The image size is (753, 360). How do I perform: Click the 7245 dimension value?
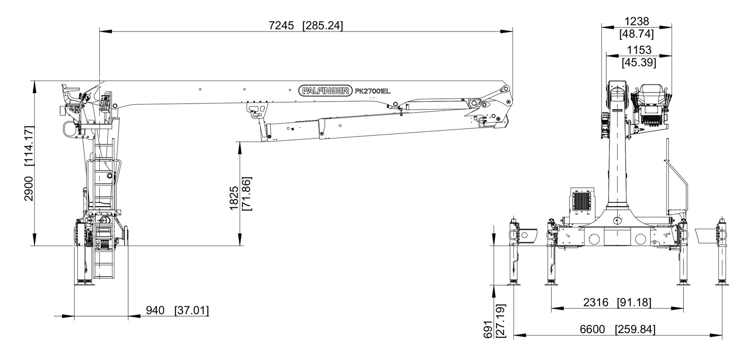(x=281, y=25)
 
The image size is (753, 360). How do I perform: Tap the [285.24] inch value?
(x=323, y=26)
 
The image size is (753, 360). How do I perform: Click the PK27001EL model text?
(x=373, y=91)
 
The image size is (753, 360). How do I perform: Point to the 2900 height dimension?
(x=29, y=189)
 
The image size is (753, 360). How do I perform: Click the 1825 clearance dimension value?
(x=234, y=198)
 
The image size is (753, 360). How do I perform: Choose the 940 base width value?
(x=155, y=310)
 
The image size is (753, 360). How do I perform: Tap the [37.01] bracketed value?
(x=192, y=311)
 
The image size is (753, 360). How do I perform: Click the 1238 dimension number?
(x=637, y=22)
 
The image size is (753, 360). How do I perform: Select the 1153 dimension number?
(x=639, y=50)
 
